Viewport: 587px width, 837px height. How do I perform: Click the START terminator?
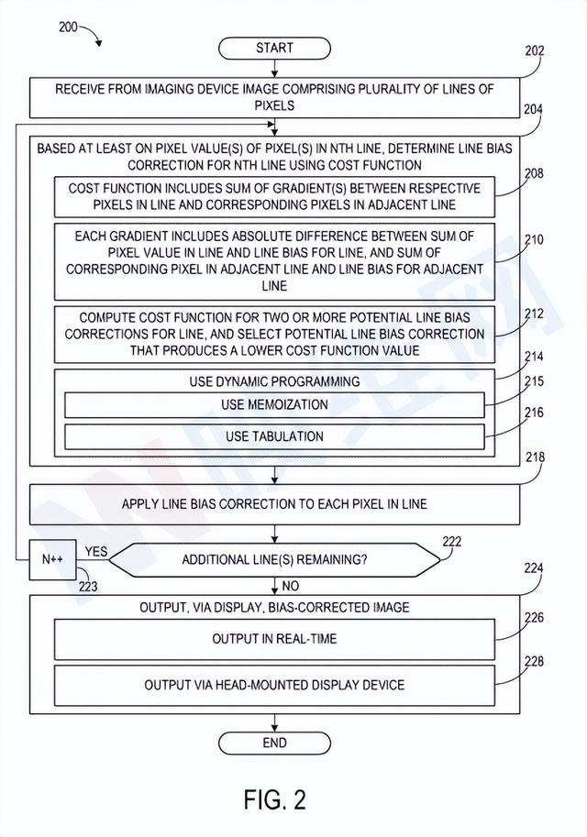pyautogui.click(x=274, y=48)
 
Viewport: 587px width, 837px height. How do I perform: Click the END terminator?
pyautogui.click(x=274, y=743)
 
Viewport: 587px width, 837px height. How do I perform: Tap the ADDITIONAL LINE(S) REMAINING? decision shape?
pyautogui.click(x=273, y=559)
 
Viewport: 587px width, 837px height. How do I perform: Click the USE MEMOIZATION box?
pyautogui.click(x=273, y=405)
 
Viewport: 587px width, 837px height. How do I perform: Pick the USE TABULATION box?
pyautogui.click(x=273, y=436)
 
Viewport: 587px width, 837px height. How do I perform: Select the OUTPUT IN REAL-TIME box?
pyautogui.click(x=273, y=638)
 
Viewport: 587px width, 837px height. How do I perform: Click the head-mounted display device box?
pyautogui.click(x=273, y=685)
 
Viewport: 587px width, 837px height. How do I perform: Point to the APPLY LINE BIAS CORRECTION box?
pyautogui.click(x=273, y=504)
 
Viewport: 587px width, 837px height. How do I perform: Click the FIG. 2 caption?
pyautogui.click(x=274, y=799)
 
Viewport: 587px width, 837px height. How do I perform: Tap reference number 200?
pyautogui.click(x=69, y=27)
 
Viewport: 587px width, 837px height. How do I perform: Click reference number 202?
pyautogui.click(x=534, y=51)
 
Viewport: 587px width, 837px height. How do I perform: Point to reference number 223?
pyautogui.click(x=89, y=586)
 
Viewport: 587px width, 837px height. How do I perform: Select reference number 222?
pyautogui.click(x=452, y=542)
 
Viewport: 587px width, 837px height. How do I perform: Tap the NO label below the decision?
pyautogui.click(x=290, y=585)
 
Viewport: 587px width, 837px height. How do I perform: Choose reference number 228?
pyautogui.click(x=534, y=661)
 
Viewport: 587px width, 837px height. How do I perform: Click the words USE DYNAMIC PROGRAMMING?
pyautogui.click(x=273, y=381)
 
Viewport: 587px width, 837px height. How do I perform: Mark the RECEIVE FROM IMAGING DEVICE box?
pyautogui.click(x=273, y=97)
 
